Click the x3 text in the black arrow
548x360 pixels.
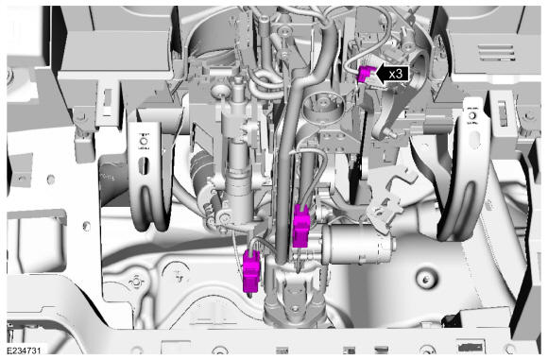[395, 74]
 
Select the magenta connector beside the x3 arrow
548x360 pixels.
[364, 75]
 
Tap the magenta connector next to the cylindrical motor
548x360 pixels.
[300, 227]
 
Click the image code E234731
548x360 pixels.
[24, 351]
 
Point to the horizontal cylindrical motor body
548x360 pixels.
[357, 245]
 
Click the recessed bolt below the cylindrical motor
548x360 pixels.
[425, 280]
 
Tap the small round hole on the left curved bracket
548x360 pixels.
[144, 142]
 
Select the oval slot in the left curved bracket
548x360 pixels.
[144, 166]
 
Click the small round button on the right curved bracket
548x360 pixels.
[472, 115]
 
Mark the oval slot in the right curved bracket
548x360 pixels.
[475, 140]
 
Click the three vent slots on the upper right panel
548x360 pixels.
[496, 53]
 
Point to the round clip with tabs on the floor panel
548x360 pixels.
[136, 282]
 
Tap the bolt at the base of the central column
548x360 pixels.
[295, 309]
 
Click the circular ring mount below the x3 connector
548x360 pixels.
[321, 105]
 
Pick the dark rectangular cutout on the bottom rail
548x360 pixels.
[471, 348]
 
